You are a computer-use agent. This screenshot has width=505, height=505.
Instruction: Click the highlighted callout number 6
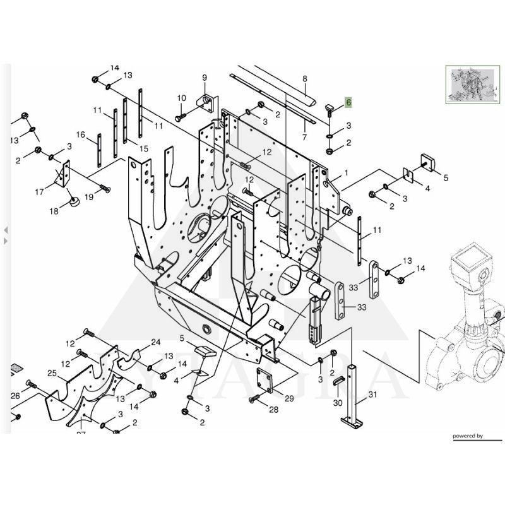pyautogui.click(x=348, y=102)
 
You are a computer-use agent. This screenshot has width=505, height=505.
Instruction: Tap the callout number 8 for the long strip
pyautogui.click(x=304, y=79)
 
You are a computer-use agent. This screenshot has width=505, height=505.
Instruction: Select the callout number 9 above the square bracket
pyautogui.click(x=205, y=78)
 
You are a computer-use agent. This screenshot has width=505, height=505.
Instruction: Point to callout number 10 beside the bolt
pyautogui.click(x=182, y=98)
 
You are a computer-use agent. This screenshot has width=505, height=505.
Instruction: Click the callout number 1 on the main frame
pyautogui.click(x=346, y=172)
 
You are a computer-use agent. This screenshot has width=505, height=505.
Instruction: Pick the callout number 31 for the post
pyautogui.click(x=372, y=395)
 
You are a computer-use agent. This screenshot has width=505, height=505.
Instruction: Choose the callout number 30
pyautogui.click(x=338, y=403)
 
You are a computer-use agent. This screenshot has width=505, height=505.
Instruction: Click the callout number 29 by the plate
pyautogui.click(x=289, y=398)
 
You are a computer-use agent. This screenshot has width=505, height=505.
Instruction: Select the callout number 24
pyautogui.click(x=156, y=343)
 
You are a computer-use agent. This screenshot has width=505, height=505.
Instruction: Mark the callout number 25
pyautogui.click(x=52, y=374)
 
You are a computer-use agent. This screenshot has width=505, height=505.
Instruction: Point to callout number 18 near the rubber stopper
pyautogui.click(x=54, y=211)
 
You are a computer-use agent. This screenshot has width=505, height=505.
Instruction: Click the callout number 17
pyautogui.click(x=39, y=192)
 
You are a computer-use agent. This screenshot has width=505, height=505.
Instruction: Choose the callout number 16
pyautogui.click(x=81, y=134)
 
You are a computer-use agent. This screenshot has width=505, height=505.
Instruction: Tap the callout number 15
pyautogui.click(x=144, y=149)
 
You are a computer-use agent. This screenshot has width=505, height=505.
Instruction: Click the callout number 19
pyautogui.click(x=88, y=197)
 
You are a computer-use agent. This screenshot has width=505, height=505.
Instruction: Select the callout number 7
pyautogui.click(x=304, y=137)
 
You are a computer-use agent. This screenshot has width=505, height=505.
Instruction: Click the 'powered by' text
pyautogui.click(x=467, y=436)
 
